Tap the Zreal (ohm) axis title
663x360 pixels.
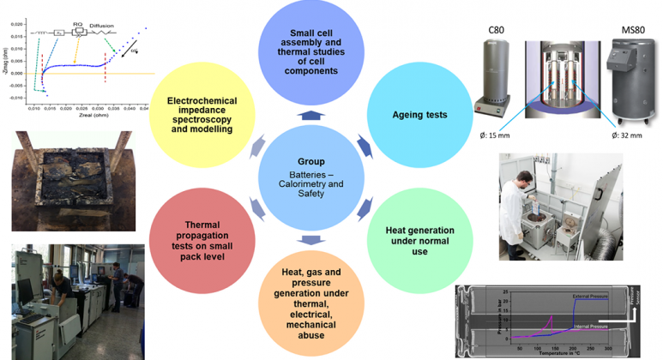click(79, 117)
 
